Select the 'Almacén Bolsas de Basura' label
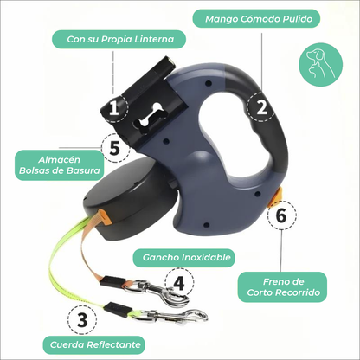tap(60, 165)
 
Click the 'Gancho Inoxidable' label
tap(183, 257)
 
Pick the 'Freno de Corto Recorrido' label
tap(282, 287)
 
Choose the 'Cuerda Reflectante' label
tap(94, 344)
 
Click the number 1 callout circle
tap(114, 108)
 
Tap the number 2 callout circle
tap(261, 107)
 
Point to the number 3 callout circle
tap(82, 319)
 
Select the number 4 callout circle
tap(179, 282)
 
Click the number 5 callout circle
tap(115, 148)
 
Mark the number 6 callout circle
tap(281, 215)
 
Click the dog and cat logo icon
tap(321, 64)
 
